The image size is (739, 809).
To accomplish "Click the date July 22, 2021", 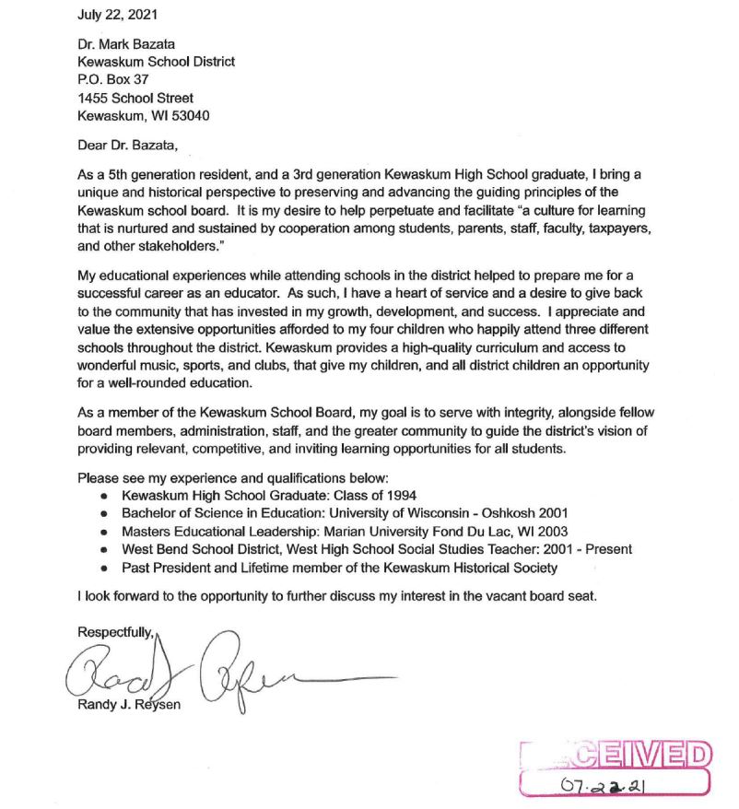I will [117, 16].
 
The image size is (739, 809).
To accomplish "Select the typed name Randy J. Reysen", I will [130, 707].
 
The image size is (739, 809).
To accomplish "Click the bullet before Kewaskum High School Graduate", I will [104, 496].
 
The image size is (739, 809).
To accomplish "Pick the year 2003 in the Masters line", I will [550, 531].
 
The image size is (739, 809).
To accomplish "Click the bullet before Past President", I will [104, 569].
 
